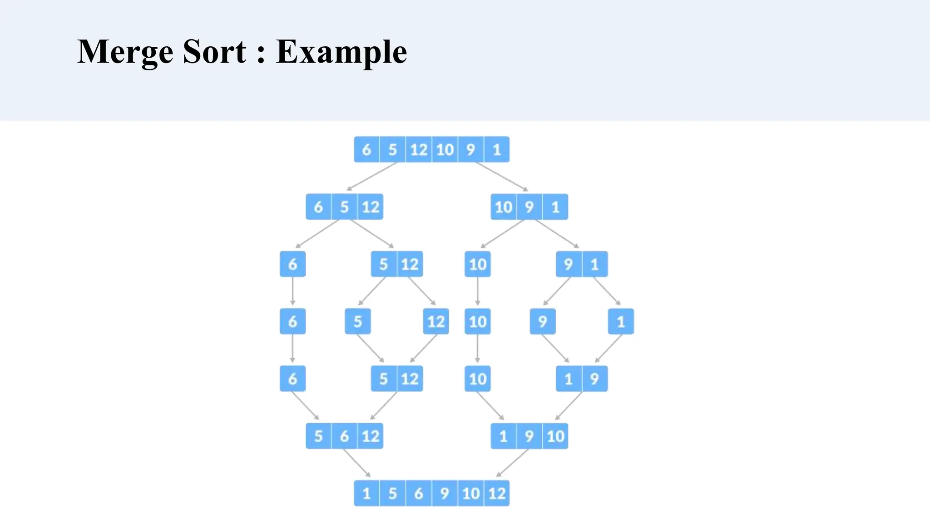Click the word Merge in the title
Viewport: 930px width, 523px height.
click(x=125, y=52)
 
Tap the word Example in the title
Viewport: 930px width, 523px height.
click(x=341, y=52)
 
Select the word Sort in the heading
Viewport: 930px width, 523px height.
click(x=214, y=52)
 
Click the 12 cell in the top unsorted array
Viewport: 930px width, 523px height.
click(x=419, y=149)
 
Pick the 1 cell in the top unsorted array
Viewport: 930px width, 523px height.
click(x=497, y=149)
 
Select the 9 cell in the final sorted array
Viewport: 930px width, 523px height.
click(x=445, y=493)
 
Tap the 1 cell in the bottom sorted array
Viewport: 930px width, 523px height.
click(x=366, y=493)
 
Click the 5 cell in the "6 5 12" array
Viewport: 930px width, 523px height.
click(x=344, y=207)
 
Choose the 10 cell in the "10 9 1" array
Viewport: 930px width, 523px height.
click(x=503, y=207)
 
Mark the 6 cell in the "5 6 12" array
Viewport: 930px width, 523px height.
click(x=344, y=436)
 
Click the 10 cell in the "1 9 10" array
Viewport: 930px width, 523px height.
click(x=555, y=436)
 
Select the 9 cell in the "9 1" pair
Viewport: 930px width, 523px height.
click(x=568, y=264)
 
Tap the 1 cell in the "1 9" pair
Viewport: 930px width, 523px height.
click(x=568, y=379)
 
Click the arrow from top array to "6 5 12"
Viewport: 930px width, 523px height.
click(x=371, y=177)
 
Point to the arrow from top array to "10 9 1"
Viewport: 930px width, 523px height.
click(x=501, y=177)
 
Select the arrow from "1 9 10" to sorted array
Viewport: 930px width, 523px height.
click(x=512, y=463)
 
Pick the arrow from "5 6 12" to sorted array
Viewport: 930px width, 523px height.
click(x=357, y=463)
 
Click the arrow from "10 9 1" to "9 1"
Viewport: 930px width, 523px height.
click(x=557, y=234)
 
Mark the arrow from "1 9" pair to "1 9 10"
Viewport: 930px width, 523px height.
click(x=569, y=405)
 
